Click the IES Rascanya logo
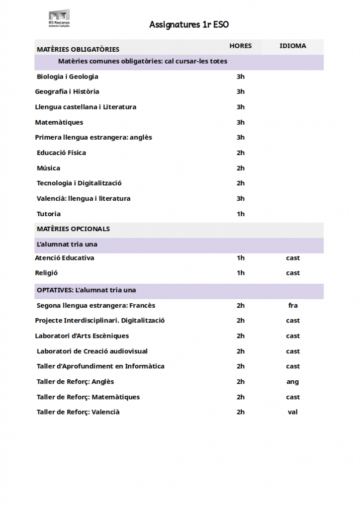tap(59, 19)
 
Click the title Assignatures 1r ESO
tap(189, 25)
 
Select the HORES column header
tap(241, 46)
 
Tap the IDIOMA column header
tap(293, 46)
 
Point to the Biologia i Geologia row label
tap(68, 77)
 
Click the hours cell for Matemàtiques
tap(241, 122)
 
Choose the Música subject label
tap(49, 168)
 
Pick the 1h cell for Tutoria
tap(241, 214)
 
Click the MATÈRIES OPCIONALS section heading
tap(74, 229)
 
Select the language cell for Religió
tap(293, 273)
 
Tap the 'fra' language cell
tap(293, 305)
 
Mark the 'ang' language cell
tap(293, 382)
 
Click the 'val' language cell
tap(293, 412)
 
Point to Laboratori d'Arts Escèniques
tap(82, 336)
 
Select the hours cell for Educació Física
tap(241, 153)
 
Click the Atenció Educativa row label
tap(65, 258)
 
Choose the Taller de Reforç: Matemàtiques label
tap(89, 397)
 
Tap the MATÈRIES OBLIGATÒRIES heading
tap(78, 49)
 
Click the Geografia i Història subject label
tap(67, 91)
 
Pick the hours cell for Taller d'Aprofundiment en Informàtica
tap(241, 366)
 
